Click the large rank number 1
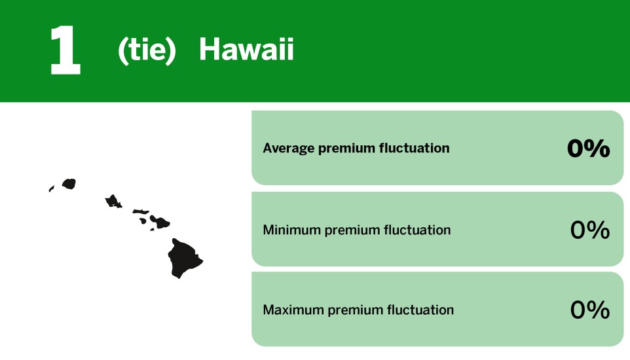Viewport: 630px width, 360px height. [x=65, y=50]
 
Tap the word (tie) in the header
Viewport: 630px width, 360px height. [x=147, y=50]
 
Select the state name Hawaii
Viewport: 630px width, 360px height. [x=246, y=50]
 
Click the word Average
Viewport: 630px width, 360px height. [x=289, y=149]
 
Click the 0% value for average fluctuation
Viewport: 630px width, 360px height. [x=589, y=149]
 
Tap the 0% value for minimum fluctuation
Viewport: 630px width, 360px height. [x=590, y=230]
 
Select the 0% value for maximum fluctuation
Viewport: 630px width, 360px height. [x=590, y=310]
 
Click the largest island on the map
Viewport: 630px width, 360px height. [x=183, y=258]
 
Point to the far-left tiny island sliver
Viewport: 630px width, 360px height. [x=51, y=189]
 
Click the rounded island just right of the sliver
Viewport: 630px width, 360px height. [x=69, y=184]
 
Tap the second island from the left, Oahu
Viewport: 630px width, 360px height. [x=113, y=201]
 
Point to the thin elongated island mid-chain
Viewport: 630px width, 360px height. [x=141, y=211]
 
